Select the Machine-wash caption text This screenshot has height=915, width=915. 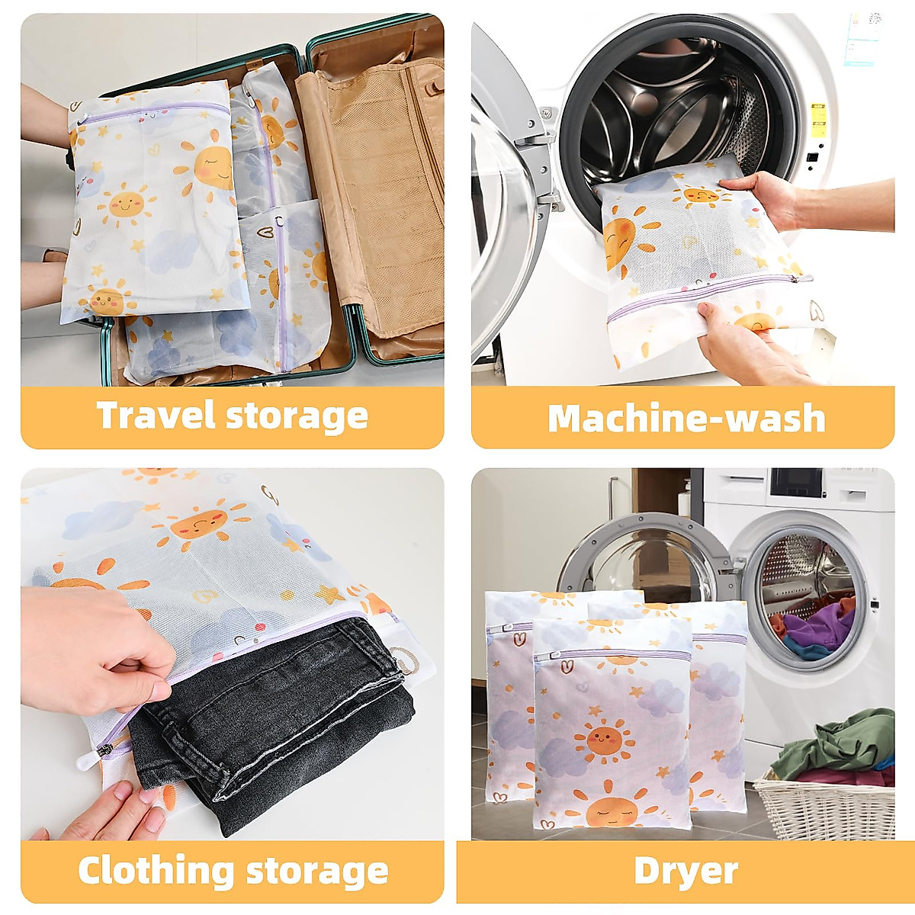(686, 418)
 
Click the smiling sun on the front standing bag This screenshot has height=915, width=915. (603, 739)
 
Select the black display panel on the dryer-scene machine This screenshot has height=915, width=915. (795, 483)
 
